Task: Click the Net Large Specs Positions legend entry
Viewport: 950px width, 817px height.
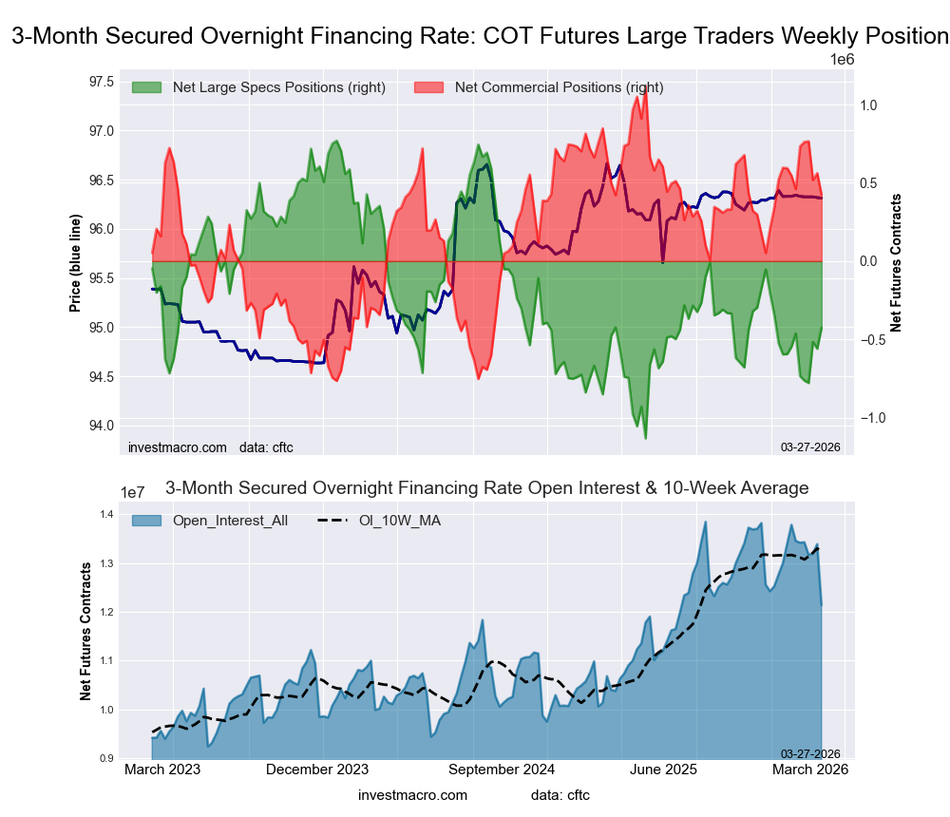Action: click(x=278, y=87)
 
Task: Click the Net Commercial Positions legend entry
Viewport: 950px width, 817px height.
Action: click(x=559, y=87)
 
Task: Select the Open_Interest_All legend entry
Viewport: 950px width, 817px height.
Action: click(x=230, y=520)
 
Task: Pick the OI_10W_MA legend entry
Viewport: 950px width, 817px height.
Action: click(x=399, y=520)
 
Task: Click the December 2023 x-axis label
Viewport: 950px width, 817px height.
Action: click(x=317, y=769)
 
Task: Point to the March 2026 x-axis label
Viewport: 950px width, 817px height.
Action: click(x=810, y=769)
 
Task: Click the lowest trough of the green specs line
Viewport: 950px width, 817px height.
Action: click(x=646, y=438)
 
